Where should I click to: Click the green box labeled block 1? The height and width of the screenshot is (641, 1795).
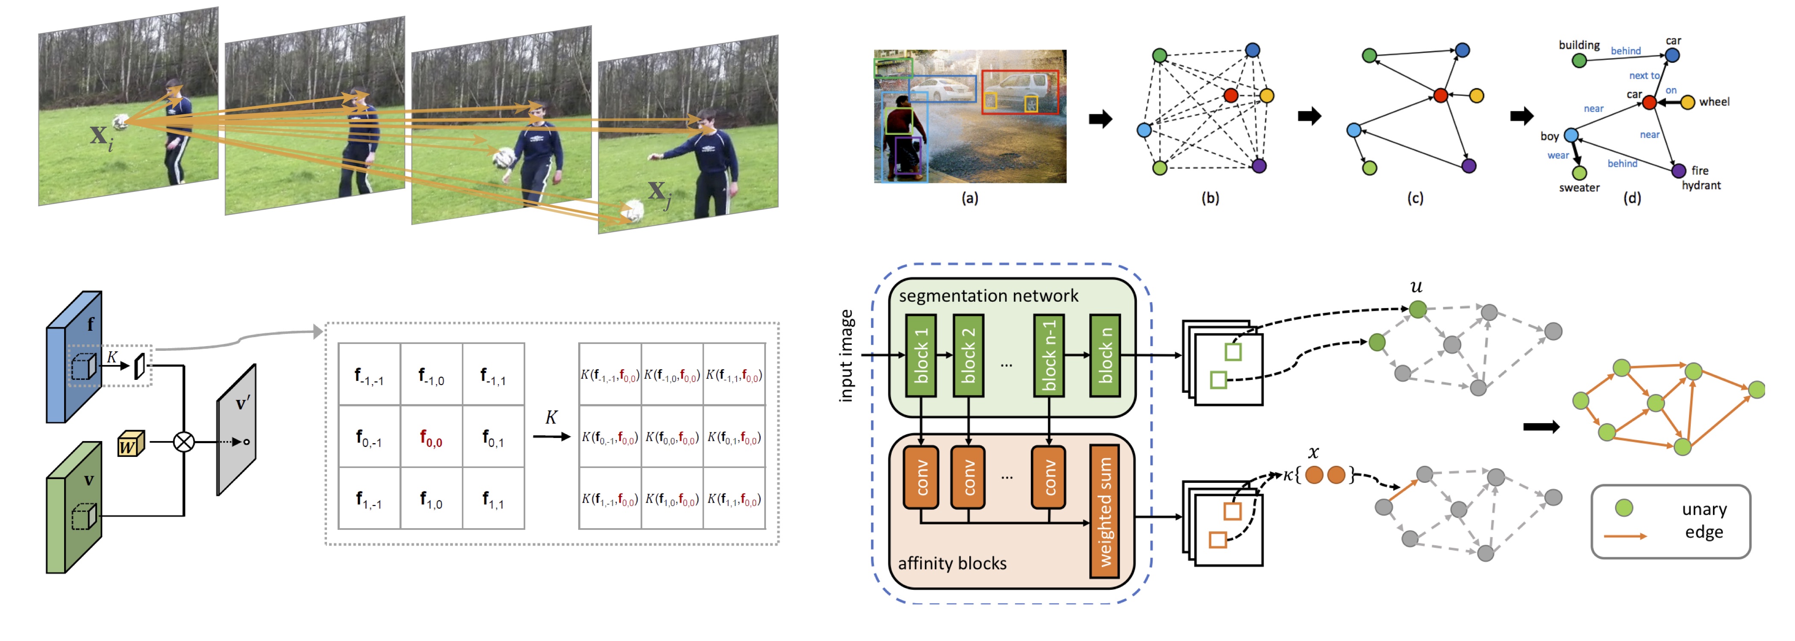pyautogui.click(x=921, y=356)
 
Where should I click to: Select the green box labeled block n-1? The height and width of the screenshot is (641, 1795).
pyautogui.click(x=1049, y=356)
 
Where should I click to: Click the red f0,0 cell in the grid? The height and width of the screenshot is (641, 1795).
pyautogui.click(x=431, y=437)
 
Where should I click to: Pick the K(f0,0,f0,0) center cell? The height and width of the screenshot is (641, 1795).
pyautogui.click(x=672, y=437)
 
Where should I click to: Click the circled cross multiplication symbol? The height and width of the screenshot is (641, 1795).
pyautogui.click(x=184, y=442)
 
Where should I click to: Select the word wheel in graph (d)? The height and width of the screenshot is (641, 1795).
pyautogui.click(x=1714, y=102)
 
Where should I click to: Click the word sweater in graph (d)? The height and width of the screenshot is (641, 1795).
pyautogui.click(x=1579, y=188)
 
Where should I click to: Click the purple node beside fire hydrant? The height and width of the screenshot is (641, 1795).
pyautogui.click(x=1679, y=171)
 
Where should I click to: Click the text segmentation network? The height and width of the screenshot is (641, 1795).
pyautogui.click(x=988, y=296)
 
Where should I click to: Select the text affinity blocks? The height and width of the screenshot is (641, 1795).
pyautogui.click(x=952, y=563)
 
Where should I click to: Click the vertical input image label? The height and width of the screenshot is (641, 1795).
pyautogui.click(x=846, y=356)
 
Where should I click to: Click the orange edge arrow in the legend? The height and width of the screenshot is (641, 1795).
pyautogui.click(x=1625, y=536)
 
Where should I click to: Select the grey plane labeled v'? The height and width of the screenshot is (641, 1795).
pyautogui.click(x=236, y=430)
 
